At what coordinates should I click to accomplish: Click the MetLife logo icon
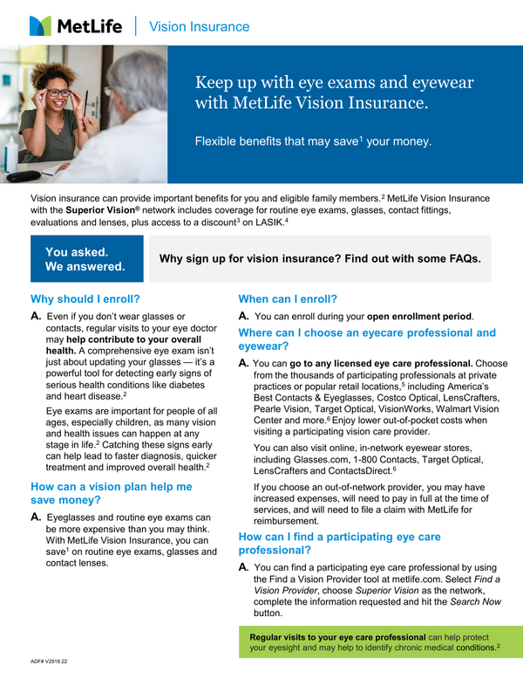pyautogui.click(x=40, y=25)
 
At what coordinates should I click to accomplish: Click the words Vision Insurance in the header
pyautogui.click(x=199, y=26)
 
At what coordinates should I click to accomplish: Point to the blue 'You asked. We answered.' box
pyautogui.click(x=85, y=259)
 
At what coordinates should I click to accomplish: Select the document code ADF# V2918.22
pyautogui.click(x=49, y=663)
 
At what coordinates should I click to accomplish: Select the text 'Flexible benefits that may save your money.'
pyautogui.click(x=311, y=140)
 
